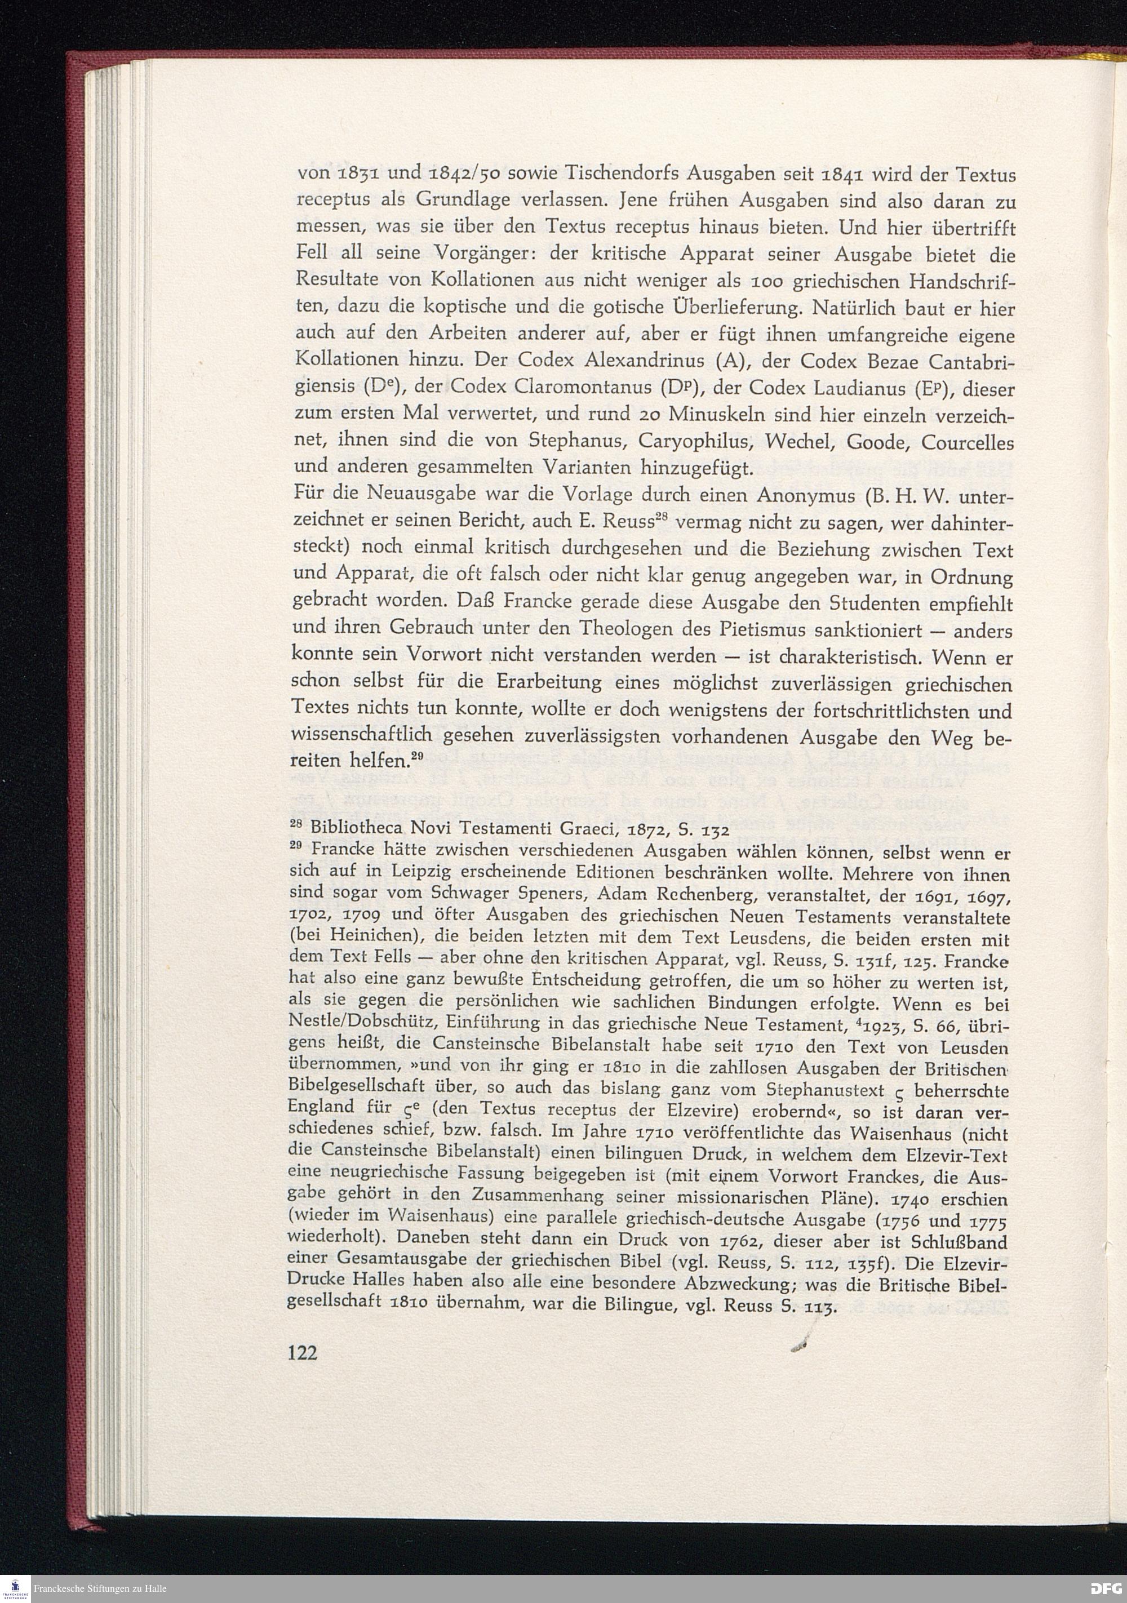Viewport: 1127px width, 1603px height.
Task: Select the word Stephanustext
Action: click(x=826, y=1090)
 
